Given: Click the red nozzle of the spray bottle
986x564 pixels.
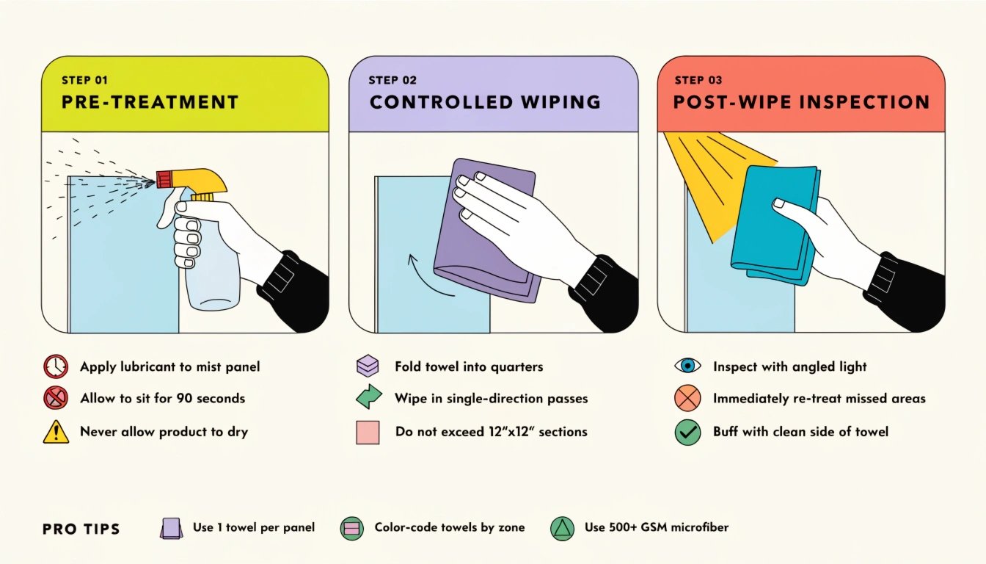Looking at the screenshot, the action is [x=164, y=179].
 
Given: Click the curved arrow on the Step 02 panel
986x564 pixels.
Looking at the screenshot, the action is [x=428, y=278].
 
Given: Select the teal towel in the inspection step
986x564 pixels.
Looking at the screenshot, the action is [x=775, y=225].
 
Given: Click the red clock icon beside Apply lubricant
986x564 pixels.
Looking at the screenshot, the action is [x=56, y=366].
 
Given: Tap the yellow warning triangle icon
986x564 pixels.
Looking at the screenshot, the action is [x=56, y=431].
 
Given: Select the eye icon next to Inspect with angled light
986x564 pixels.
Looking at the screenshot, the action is [x=687, y=366].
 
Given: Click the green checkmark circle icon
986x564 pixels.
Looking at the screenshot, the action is [x=687, y=432].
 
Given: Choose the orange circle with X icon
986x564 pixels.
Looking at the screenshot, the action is [x=687, y=398].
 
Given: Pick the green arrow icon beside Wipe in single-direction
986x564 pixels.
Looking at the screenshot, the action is [x=369, y=397].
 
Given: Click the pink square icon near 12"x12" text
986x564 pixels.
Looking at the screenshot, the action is [x=368, y=433].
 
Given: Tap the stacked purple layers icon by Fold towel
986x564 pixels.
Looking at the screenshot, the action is [x=368, y=366].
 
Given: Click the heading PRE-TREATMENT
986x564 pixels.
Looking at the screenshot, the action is [x=150, y=102].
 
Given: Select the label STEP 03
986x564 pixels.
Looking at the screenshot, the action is [x=698, y=80].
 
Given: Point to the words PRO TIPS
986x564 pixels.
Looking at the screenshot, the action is [x=81, y=529].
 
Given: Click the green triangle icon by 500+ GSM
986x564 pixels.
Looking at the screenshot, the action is [x=563, y=528].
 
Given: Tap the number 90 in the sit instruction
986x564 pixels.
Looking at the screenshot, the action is [x=184, y=398].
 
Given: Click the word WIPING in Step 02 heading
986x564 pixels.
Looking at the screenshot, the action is [x=560, y=102].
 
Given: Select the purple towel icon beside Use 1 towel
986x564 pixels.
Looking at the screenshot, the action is [x=171, y=528].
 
